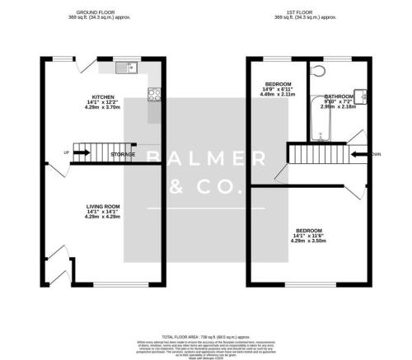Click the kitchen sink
[124, 68]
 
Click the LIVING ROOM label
[104, 207]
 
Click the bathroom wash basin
[359, 94]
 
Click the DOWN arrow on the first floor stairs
[360, 153]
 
